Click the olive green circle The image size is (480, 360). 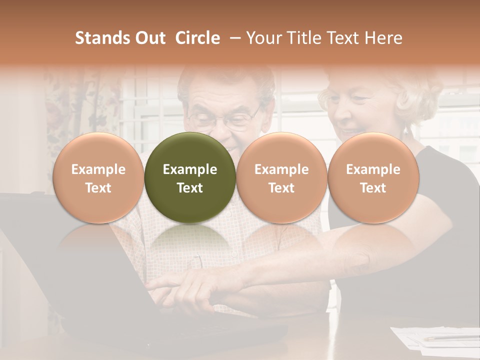click(x=190, y=177)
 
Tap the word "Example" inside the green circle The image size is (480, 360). click(x=190, y=169)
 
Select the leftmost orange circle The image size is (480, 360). click(x=98, y=177)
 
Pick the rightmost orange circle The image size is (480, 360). click(x=373, y=177)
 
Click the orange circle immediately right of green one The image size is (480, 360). click(x=281, y=177)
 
